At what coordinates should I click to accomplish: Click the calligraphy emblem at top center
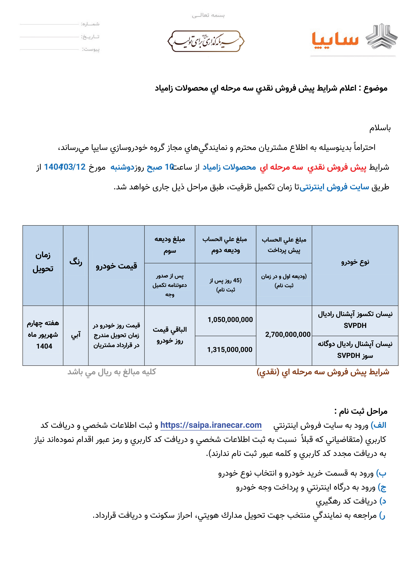pos(206,41)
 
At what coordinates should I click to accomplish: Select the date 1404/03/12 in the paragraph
pos(65,167)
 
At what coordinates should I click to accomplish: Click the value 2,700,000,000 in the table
pos(288,334)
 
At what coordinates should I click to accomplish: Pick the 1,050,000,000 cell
pos(230,320)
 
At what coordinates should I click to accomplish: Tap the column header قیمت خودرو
pos(116,266)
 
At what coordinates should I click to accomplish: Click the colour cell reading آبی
pos(76,335)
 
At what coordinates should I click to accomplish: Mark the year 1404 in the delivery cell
pos(44,346)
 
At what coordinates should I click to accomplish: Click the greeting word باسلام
pos(380,128)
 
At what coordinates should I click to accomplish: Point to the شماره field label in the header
pos(90,24)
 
